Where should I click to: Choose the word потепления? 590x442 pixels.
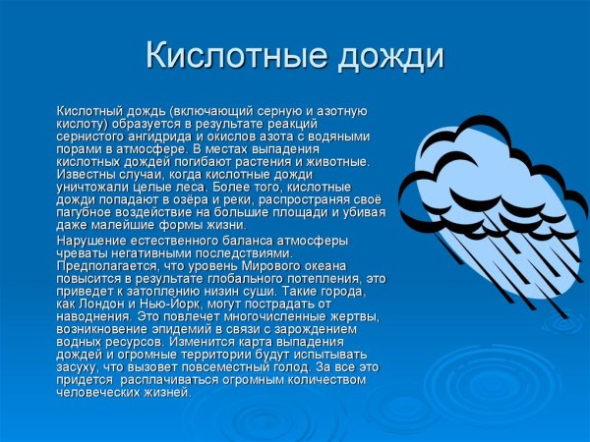pyautogui.click(x=330, y=278)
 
